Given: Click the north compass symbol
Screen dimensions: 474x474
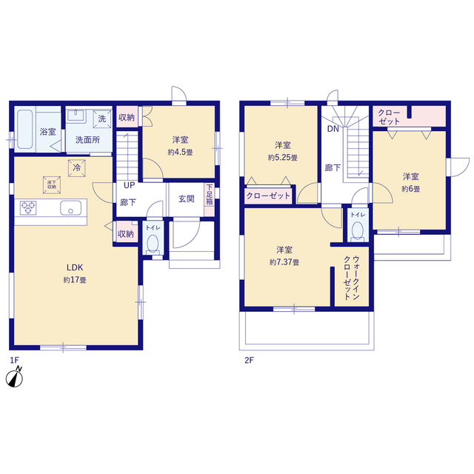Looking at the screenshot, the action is tap(15, 377).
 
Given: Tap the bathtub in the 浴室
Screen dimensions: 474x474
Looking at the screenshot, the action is tap(24, 130).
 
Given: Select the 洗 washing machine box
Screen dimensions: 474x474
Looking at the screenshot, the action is tap(102, 118).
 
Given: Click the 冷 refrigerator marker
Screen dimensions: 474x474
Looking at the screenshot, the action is tap(77, 168).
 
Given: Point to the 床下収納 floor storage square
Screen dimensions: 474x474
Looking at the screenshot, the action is tap(52, 184).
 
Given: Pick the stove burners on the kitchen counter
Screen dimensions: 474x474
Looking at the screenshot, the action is tap(28, 207).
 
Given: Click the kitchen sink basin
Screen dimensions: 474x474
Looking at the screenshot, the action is tap(70, 208).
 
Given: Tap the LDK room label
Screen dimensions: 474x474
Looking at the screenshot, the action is tap(75, 267).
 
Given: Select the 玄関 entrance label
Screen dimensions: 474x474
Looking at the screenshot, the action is tap(186, 199).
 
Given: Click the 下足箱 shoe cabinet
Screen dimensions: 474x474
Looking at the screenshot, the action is tap(209, 199).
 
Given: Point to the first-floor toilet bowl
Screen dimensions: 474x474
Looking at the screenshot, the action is tap(153, 244).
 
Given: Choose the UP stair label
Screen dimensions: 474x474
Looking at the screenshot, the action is tap(129, 185).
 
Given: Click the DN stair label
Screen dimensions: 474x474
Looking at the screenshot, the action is tap(333, 129).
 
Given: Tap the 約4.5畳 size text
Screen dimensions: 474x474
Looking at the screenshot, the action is tap(180, 153).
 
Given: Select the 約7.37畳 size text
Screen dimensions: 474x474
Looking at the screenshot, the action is tap(284, 262).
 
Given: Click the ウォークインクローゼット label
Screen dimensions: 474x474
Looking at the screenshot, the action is tap(352, 278).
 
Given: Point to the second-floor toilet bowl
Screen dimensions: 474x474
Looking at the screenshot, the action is tap(358, 231).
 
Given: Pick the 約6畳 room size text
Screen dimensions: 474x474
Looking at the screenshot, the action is tap(410, 189).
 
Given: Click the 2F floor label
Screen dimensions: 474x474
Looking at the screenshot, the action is tap(249, 360).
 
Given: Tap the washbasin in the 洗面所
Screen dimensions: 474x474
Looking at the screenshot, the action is tap(76, 116).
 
